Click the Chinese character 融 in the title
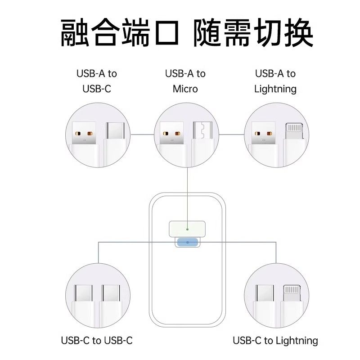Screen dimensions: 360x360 (74, 32)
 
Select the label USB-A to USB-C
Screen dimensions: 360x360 (96, 81)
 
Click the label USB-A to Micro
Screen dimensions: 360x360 (185, 81)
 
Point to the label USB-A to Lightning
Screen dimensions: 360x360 (275, 81)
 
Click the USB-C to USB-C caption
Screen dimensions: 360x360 (97, 341)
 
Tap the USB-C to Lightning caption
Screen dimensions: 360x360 (275, 341)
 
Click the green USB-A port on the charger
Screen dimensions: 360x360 (186, 229)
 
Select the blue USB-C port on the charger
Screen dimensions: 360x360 (187, 242)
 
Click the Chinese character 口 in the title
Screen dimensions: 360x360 (163, 32)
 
